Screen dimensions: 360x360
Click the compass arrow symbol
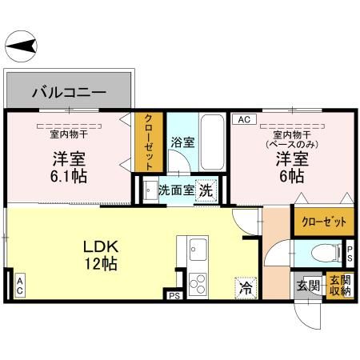(x=22, y=46)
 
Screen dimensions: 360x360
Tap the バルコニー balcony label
(x=69, y=93)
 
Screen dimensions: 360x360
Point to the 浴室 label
(x=182, y=143)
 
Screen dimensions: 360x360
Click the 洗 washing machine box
(x=206, y=190)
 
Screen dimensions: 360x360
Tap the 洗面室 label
(x=174, y=190)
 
